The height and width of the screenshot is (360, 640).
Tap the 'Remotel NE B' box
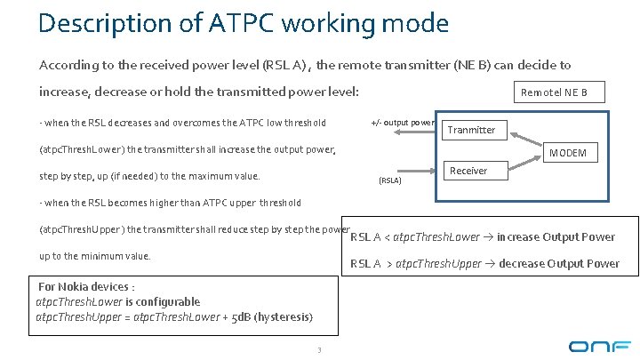tap(560, 92)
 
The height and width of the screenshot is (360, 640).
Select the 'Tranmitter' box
tap(471, 130)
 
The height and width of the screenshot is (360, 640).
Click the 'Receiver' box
tap(468, 171)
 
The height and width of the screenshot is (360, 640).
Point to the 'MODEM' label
tap(568, 153)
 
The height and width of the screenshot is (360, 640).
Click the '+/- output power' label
tap(403, 122)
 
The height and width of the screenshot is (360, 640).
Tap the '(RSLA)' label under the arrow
tap(390, 180)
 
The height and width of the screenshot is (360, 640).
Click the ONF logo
tap(600, 345)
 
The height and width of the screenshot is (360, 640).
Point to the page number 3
tap(318, 348)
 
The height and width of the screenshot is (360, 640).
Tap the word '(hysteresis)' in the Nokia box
tap(283, 317)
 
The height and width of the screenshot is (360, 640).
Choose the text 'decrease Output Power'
tap(558, 263)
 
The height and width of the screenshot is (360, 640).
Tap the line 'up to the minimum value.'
tap(95, 256)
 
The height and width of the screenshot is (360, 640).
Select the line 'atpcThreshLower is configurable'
tap(117, 302)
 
